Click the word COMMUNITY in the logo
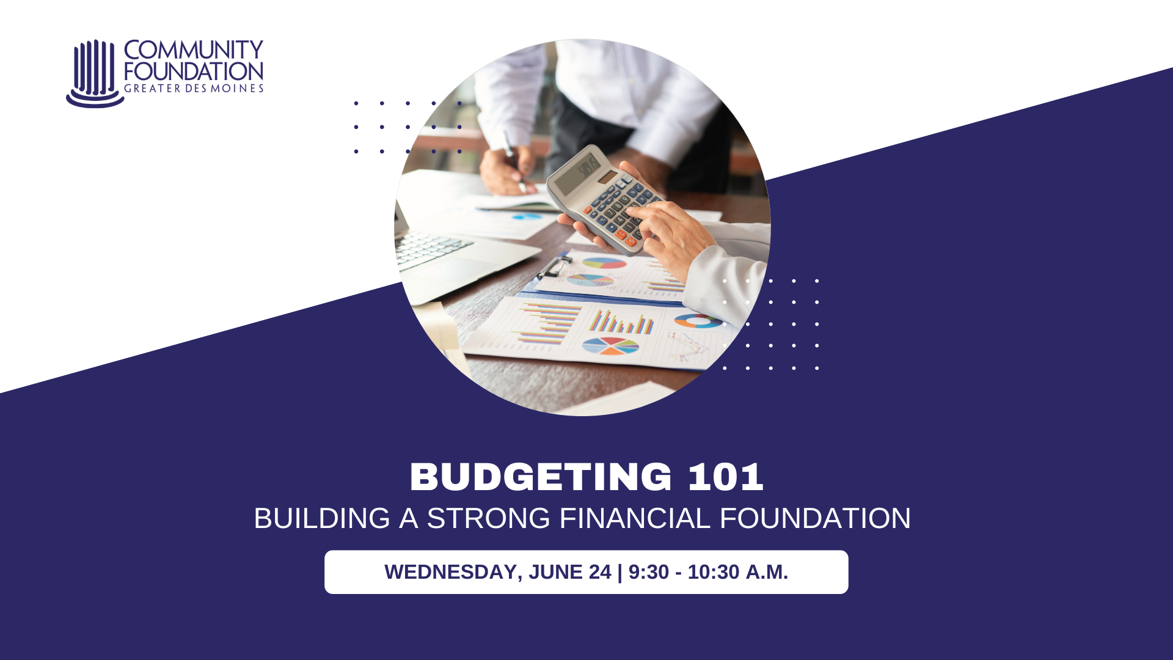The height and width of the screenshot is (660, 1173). (194, 50)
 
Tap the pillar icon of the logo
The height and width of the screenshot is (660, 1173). (95, 73)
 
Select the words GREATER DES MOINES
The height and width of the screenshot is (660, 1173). (194, 89)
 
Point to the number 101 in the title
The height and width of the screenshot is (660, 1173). (726, 477)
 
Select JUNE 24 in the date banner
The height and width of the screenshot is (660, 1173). (570, 572)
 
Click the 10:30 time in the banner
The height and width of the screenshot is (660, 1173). (714, 572)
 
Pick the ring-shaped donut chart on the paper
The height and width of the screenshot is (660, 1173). (698, 321)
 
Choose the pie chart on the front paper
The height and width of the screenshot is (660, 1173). (610, 346)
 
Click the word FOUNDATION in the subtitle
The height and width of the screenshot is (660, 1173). (816, 518)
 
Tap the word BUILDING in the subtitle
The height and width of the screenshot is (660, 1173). (322, 518)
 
